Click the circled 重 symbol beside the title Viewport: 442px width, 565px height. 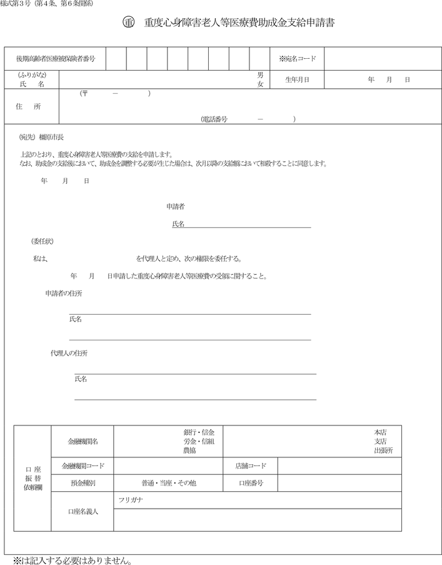click(129, 23)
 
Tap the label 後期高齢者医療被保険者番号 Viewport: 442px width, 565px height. click(56, 59)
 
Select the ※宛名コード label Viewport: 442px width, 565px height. click(298, 59)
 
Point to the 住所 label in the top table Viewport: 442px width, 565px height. click(28, 106)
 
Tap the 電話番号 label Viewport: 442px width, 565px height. click(214, 118)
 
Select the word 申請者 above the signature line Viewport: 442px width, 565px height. click(175, 206)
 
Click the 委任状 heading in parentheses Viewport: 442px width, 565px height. click(43, 241)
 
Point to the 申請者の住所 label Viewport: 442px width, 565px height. click(63, 293)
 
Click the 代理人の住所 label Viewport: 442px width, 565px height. click(69, 353)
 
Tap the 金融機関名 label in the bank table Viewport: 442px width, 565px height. click(83, 441)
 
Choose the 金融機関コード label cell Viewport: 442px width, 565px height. click(83, 466)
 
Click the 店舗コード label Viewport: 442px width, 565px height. click(251, 466)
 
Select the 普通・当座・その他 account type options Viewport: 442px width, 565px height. click(169, 483)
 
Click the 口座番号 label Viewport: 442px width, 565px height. click(251, 483)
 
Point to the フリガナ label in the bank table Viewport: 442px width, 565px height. click(132, 500)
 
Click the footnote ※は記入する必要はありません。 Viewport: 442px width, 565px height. click(72, 558)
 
